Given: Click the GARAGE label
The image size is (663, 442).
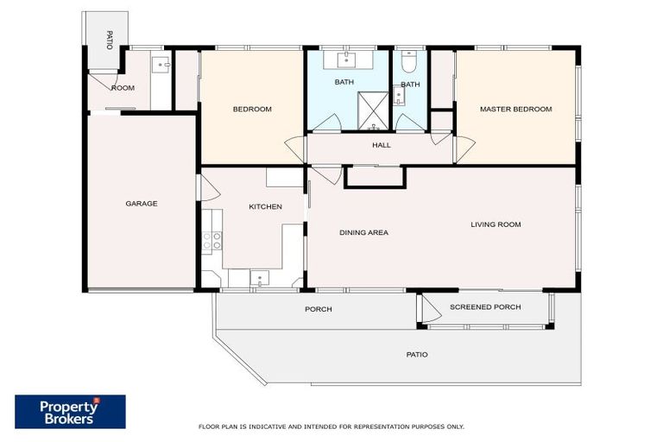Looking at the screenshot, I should (x=141, y=204).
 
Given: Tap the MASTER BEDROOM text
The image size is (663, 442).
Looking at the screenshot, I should (x=515, y=109).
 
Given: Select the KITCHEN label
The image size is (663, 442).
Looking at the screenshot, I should (x=265, y=206).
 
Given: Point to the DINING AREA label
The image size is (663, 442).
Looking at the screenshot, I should (x=363, y=232).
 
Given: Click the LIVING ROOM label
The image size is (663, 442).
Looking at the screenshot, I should (x=496, y=224).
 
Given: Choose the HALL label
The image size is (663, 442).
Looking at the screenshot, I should (x=381, y=145).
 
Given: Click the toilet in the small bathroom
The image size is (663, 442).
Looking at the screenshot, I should (x=410, y=61).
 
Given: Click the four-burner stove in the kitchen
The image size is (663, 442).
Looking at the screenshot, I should (x=212, y=242).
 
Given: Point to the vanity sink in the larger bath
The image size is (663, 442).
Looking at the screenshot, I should (x=347, y=60).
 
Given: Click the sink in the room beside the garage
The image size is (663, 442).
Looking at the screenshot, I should (x=161, y=64).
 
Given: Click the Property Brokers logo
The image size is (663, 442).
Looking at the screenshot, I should (x=70, y=412).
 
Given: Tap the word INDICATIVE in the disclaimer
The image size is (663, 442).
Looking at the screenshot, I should (x=259, y=426).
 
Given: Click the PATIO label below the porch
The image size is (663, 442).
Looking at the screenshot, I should (x=417, y=355).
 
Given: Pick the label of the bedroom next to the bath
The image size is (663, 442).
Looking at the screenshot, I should (x=252, y=109).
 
